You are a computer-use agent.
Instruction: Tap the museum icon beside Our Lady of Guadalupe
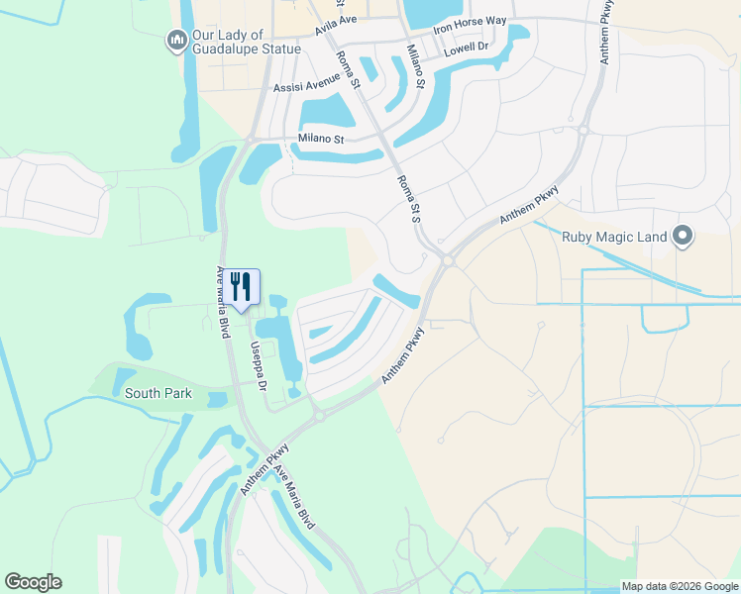coord(176,41)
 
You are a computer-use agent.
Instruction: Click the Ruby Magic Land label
coord(614,236)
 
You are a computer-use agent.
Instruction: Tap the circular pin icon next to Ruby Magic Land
coord(682,236)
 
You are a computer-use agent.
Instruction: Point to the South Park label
coord(159,393)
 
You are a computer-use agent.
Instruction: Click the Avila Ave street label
coord(335,25)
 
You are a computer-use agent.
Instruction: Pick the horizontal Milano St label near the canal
coord(320,140)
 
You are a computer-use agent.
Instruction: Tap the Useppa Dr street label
coord(259,365)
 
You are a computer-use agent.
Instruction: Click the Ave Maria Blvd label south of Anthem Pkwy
coord(294,497)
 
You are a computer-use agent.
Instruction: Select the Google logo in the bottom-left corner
coord(33,582)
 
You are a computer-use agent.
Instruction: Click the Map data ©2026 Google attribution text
coord(679,586)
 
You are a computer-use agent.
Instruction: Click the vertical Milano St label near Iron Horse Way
coord(415,66)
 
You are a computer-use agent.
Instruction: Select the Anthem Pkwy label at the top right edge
coord(607,32)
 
